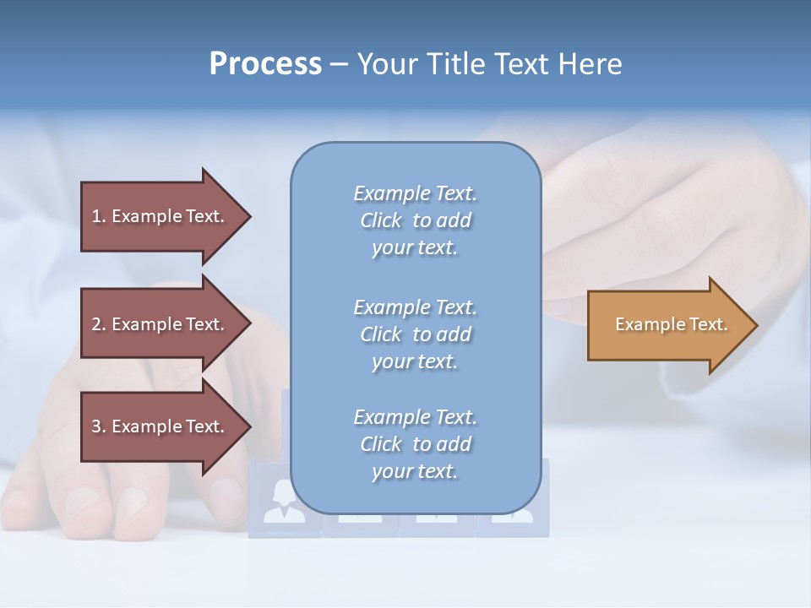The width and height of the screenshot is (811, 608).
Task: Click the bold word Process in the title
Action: click(x=265, y=64)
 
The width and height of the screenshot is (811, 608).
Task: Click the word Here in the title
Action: click(x=591, y=64)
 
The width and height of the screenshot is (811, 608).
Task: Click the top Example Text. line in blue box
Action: click(x=415, y=193)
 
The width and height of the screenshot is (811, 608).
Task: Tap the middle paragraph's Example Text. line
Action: click(x=415, y=307)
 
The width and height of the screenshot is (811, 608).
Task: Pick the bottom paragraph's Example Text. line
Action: click(x=415, y=417)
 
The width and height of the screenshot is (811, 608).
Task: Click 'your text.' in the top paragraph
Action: click(x=415, y=248)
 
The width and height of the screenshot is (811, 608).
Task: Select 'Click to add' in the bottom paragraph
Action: click(x=415, y=444)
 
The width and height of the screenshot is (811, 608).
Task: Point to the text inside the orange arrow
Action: click(x=671, y=324)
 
